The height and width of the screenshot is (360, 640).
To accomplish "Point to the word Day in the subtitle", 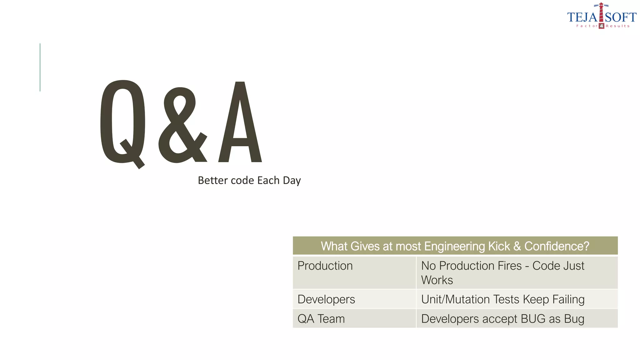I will pos(292,181).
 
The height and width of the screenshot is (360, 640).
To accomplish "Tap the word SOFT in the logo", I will pos(621,17).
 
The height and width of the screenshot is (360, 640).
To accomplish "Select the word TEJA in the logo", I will pos(582,17).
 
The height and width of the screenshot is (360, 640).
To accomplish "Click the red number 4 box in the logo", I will pos(602,26).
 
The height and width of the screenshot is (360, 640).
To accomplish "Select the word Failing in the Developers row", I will pos(568,299).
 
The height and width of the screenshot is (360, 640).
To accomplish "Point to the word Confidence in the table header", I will pos(557,246).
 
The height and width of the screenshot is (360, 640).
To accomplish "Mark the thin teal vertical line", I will pos(40,67).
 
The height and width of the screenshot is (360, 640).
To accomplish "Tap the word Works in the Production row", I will pos(437,280).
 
